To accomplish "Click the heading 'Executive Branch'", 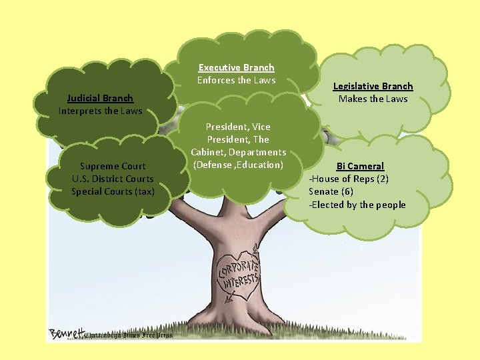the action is click(236, 67).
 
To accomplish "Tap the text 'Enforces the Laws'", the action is click(236, 80).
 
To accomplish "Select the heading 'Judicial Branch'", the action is click(100, 98).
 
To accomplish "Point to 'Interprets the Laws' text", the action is click(100, 111).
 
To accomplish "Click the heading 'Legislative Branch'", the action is click(373, 86).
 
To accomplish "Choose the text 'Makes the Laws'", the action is click(373, 99).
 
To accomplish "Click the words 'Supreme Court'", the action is click(113, 166).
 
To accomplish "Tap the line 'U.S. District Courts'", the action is click(113, 179).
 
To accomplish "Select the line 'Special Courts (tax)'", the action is click(113, 191).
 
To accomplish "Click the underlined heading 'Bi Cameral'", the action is click(360, 166).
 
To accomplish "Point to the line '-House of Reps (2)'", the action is click(349, 179).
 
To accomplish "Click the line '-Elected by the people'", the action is click(357, 205).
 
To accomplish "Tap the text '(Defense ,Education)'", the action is click(238, 165).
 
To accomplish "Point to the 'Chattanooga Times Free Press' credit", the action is click(129, 335).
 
